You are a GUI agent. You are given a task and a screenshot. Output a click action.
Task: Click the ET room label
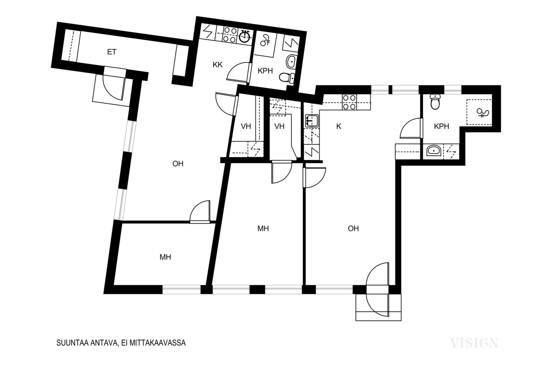(x=112, y=52)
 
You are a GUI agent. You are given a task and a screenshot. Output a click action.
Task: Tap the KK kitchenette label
(x=217, y=65)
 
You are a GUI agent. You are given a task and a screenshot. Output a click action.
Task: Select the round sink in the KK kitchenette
(x=245, y=37)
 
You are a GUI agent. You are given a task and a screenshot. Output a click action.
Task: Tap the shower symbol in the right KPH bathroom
(x=483, y=113)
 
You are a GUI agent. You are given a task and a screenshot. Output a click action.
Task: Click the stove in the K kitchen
(x=349, y=102)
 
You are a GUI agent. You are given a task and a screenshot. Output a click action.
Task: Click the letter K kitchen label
(x=339, y=126)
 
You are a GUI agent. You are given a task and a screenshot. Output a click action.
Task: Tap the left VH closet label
(x=246, y=126)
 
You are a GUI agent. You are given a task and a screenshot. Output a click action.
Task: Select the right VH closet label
(x=279, y=126)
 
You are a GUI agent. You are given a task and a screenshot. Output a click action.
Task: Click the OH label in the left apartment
(x=178, y=164)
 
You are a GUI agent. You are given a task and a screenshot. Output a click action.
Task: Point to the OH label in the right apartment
(x=353, y=229)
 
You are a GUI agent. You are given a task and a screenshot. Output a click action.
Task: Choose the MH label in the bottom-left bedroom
(x=165, y=257)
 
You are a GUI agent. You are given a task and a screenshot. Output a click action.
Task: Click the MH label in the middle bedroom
(x=263, y=229)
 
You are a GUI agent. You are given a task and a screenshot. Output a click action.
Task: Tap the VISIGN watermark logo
(x=474, y=343)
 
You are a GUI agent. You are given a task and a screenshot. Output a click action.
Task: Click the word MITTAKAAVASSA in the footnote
(x=157, y=343)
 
